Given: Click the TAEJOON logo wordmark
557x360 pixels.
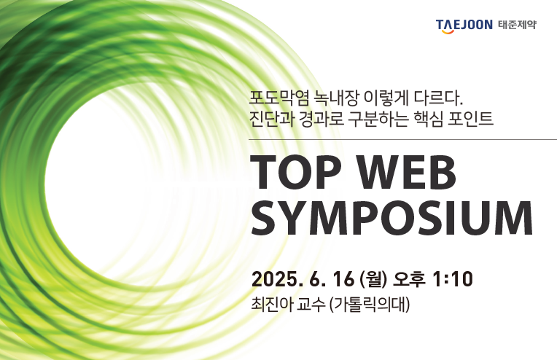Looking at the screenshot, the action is point(464,26).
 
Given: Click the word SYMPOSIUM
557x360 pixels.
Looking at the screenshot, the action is point(392,219).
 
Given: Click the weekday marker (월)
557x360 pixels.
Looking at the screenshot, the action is point(373,279).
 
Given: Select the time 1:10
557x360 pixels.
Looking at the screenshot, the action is point(453,279).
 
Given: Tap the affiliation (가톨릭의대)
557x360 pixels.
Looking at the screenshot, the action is point(370,305).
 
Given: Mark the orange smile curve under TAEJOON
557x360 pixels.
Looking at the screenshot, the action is point(448,31).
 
